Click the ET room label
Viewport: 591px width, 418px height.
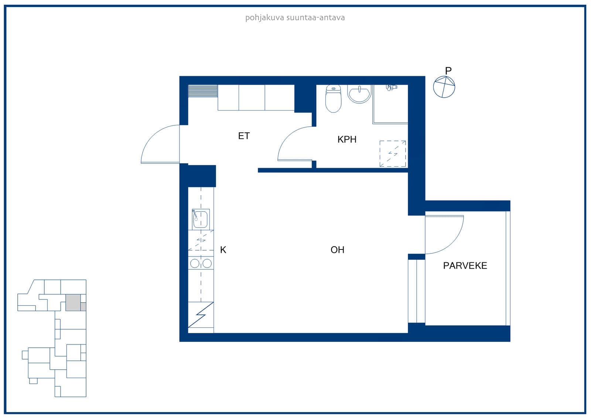coord(244,136)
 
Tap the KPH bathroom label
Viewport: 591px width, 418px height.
coord(347,139)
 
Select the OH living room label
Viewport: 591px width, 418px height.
coord(337,249)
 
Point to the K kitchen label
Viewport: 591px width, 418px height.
coord(223,249)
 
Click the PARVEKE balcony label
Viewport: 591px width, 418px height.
coord(465,265)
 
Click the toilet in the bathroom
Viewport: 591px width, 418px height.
coord(333,98)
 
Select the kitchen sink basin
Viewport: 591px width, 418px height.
coord(200,219)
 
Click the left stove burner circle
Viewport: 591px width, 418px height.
coord(195,263)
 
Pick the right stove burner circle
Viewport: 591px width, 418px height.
coord(207,263)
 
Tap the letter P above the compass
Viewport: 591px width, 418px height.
coord(448,71)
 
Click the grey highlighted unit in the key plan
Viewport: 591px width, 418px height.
coord(73,303)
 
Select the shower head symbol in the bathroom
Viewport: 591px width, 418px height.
coord(391,87)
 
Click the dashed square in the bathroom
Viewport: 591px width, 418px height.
coord(393,154)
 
